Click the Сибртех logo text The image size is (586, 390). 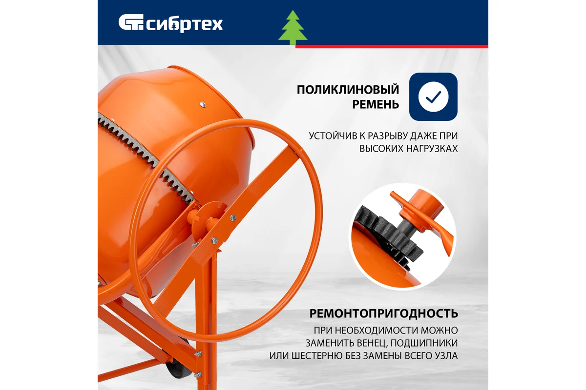tap(185, 24)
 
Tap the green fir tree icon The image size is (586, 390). tap(293, 28)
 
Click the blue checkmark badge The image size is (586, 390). tap(433, 97)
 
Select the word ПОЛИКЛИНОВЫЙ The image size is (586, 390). tap(348, 90)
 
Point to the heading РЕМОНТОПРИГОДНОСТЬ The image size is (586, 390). tap(383, 313)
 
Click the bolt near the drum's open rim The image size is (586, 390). tap(201, 103)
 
